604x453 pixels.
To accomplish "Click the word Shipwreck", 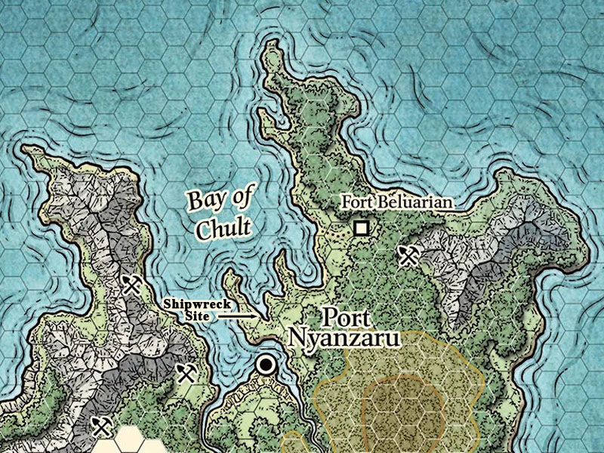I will (196, 304).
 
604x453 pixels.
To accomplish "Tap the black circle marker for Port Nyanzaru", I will (265, 365).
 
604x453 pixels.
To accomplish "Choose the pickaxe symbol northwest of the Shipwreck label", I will (133, 285).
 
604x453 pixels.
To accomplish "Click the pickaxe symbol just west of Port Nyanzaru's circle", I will (186, 372).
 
